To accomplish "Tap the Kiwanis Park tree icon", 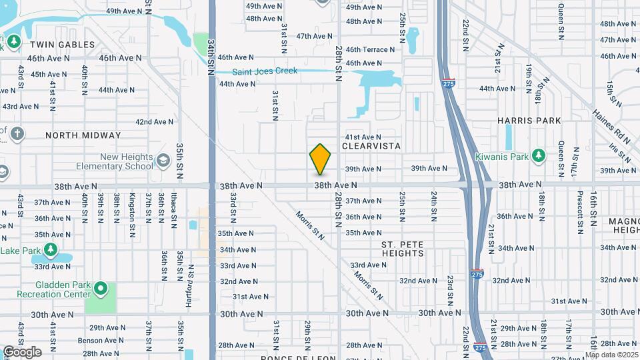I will coord(539,156).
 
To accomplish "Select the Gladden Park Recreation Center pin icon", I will coord(101,289).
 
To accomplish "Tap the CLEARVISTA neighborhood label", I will coord(371,145).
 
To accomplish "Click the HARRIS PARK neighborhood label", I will coord(529,121).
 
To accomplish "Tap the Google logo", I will coord(22,352).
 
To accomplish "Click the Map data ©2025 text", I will coord(612,355).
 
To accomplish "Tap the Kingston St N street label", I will coord(132,208).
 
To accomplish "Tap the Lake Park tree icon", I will coord(51,250).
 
